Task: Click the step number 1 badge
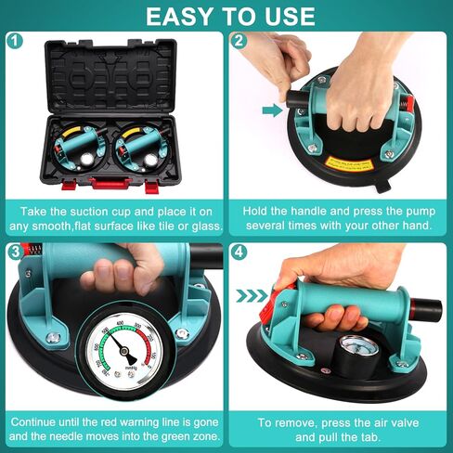pyautogui.click(x=15, y=41)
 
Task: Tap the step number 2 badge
pyautogui.click(x=239, y=41)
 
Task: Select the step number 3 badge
pyautogui.click(x=15, y=252)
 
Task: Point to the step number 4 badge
pyautogui.click(x=239, y=252)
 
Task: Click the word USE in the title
pyautogui.click(x=290, y=16)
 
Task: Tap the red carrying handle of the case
pyautogui.click(x=110, y=183)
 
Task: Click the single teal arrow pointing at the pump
pyautogui.click(x=272, y=110)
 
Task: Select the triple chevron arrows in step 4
pyautogui.click(x=252, y=296)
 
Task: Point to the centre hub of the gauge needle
pyautogui.click(x=124, y=351)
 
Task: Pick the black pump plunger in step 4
pyautogui.click(x=426, y=305)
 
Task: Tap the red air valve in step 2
pyautogui.click(x=408, y=105)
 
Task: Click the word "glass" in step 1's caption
pyautogui.click(x=206, y=226)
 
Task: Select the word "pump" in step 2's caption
pyautogui.click(x=421, y=212)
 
